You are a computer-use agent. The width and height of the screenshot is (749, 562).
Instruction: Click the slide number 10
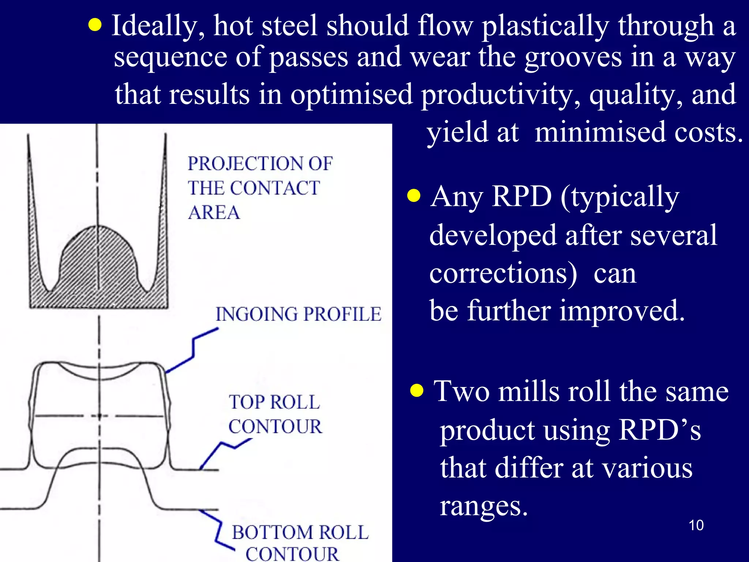click(696, 525)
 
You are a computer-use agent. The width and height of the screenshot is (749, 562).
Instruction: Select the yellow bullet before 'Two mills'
click(417, 390)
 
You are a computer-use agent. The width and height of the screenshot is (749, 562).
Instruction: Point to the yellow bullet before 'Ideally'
click(95, 25)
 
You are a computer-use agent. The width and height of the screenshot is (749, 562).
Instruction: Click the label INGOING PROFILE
click(298, 314)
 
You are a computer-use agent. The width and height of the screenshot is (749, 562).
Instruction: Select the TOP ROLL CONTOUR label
click(275, 414)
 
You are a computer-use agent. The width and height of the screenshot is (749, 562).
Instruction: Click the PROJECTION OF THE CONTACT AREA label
click(260, 188)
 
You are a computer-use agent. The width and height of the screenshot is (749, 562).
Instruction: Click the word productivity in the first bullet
click(500, 94)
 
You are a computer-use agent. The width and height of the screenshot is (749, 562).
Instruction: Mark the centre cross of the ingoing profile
click(99, 416)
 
